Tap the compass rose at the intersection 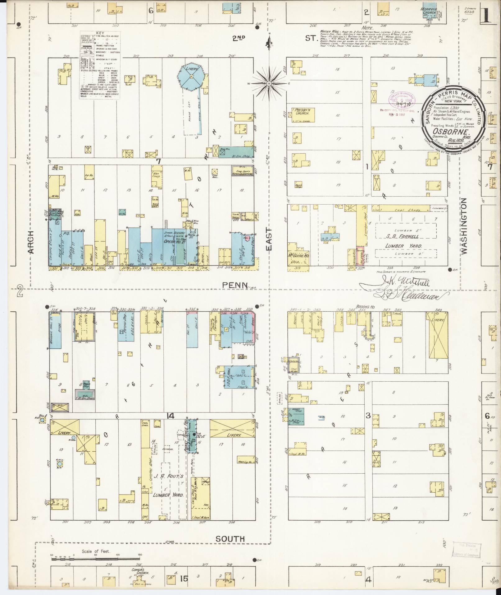tap(269, 83)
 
